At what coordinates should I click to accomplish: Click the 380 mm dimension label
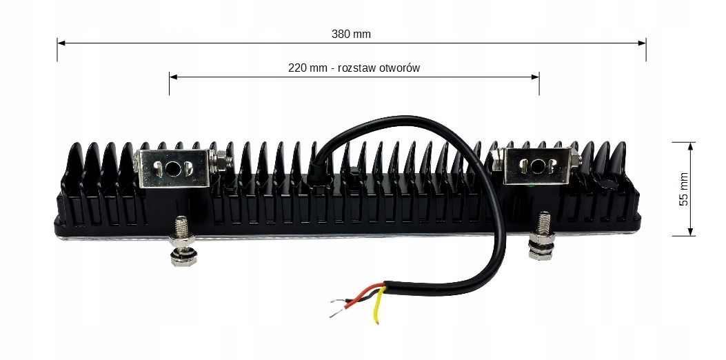[352, 33]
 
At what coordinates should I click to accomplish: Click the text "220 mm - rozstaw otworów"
[354, 68]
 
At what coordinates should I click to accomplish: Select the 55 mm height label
[683, 189]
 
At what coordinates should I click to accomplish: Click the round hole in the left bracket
[187, 168]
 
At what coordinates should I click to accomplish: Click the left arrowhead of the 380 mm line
[61, 43]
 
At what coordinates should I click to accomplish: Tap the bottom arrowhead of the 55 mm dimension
[691, 232]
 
